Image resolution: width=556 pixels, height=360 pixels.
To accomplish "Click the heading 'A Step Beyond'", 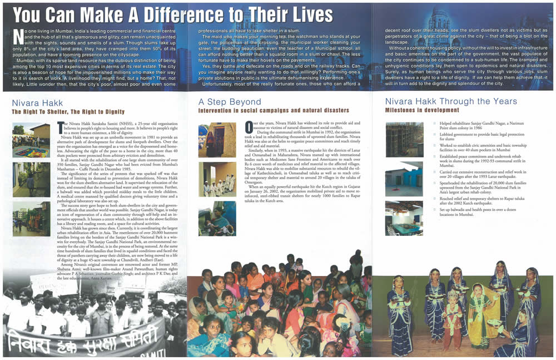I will (x=230, y=102).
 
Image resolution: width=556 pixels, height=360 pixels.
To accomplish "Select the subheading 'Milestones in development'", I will (x=422, y=111).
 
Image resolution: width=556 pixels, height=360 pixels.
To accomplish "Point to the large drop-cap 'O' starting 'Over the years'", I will (x=249, y=127).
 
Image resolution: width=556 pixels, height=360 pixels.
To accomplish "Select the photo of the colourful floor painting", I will (x=31, y=140).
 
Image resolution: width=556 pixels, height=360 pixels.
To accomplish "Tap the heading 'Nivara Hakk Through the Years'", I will (x=451, y=101).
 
